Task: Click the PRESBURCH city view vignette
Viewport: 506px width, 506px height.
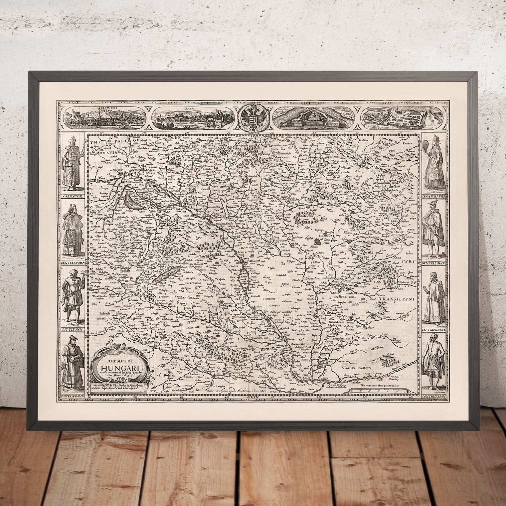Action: click(104, 117)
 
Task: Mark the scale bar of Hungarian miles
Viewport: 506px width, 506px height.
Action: click(379, 391)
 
